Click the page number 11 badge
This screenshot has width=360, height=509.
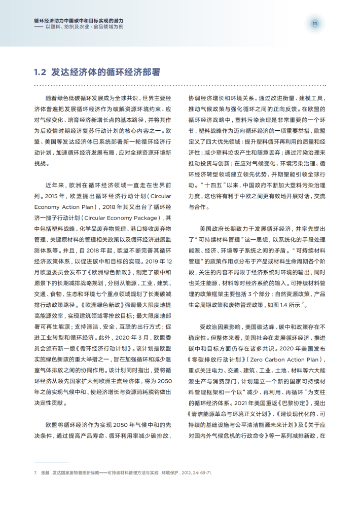tap(314, 23)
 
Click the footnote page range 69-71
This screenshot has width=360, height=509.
tap(204, 472)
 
